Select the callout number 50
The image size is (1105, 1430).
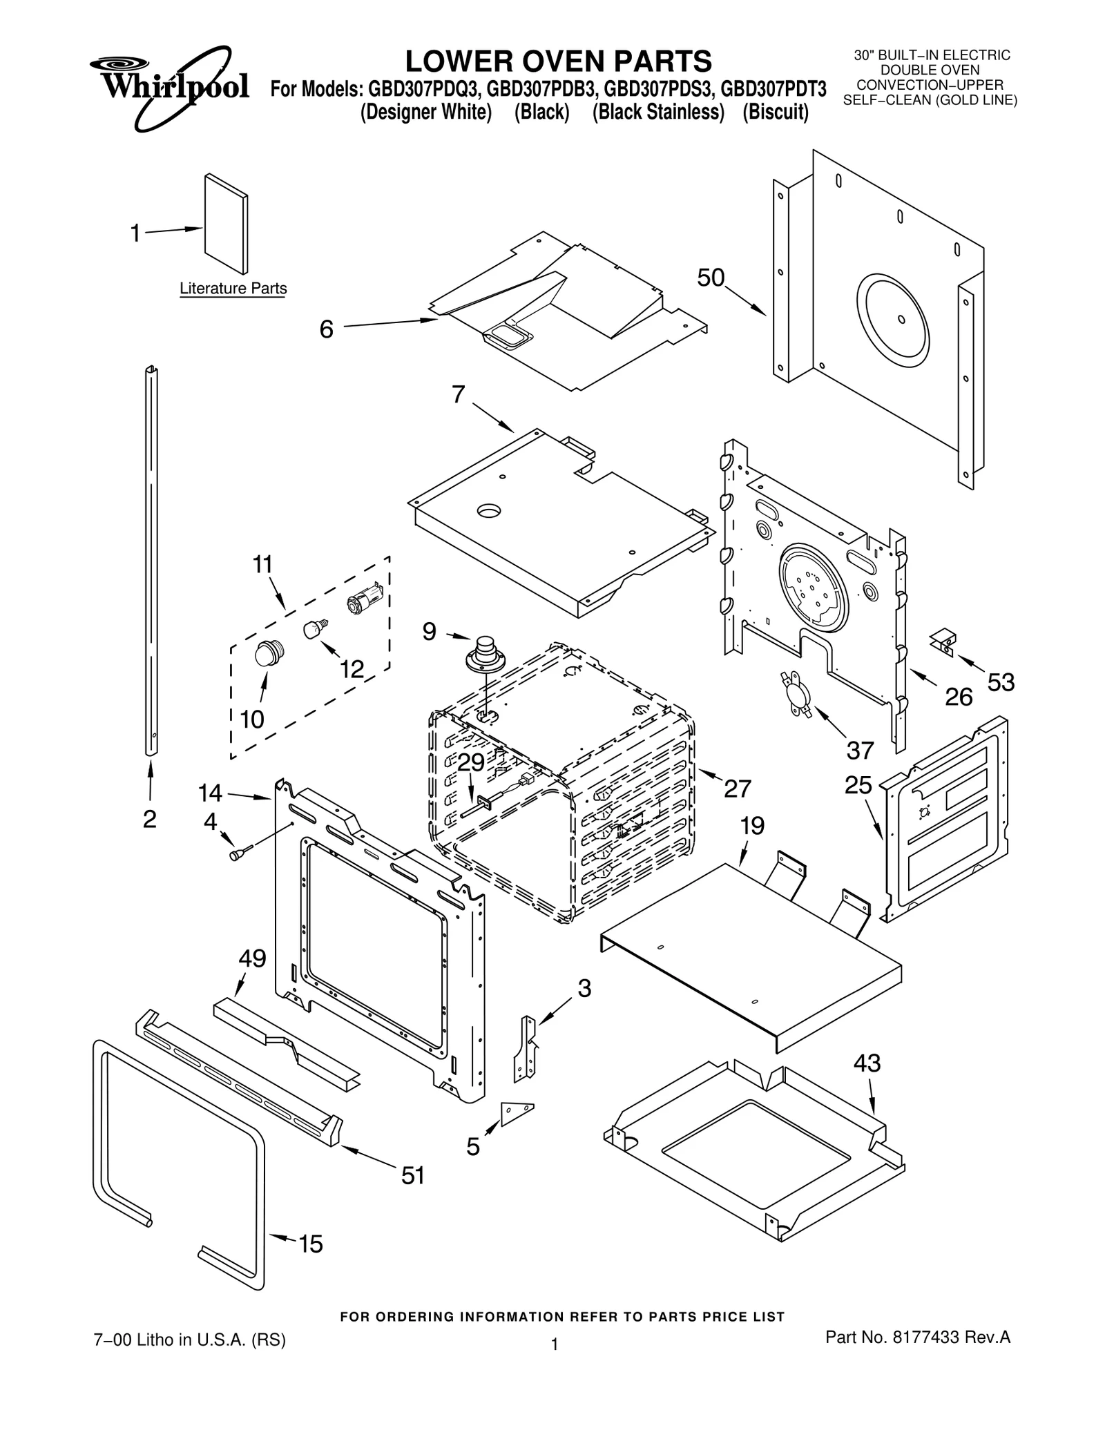[x=710, y=278]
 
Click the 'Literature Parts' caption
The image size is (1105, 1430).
[x=233, y=289]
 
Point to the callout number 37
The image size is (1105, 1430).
[x=860, y=750]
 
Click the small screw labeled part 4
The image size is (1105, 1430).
[x=235, y=855]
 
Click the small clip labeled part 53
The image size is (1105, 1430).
[x=944, y=641]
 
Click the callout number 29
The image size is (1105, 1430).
[x=471, y=762]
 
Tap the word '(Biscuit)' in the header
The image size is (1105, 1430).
[x=775, y=112]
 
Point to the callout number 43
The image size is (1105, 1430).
[x=867, y=1063]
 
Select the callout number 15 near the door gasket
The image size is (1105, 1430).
[x=310, y=1244]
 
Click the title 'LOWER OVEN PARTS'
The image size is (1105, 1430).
[x=558, y=61]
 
